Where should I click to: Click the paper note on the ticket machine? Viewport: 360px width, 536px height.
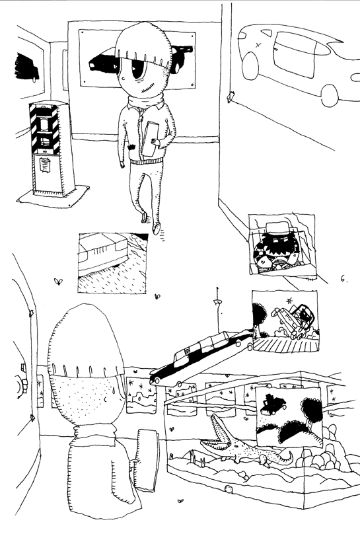(x=46, y=164)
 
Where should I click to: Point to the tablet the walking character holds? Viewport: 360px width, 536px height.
(x=149, y=138)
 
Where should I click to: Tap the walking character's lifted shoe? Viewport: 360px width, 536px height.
(x=157, y=229)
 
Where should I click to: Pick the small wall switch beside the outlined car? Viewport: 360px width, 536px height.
(x=231, y=96)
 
